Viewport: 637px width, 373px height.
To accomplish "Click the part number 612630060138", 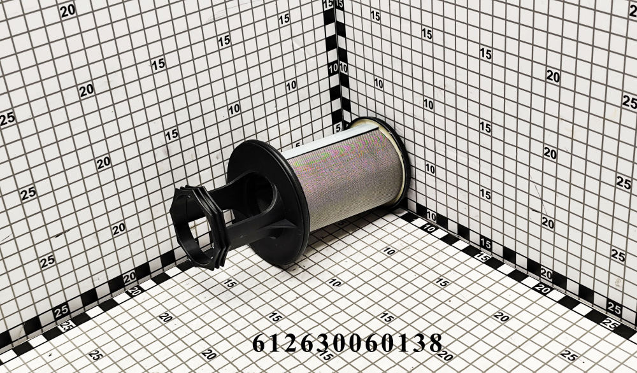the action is point(347,343).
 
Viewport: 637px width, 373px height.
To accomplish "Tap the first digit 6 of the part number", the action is point(259,343).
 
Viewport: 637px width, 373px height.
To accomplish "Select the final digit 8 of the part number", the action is point(435,343).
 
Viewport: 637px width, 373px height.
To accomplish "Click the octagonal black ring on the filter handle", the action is point(198,227).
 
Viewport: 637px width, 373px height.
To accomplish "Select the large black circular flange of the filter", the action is point(268,202).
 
